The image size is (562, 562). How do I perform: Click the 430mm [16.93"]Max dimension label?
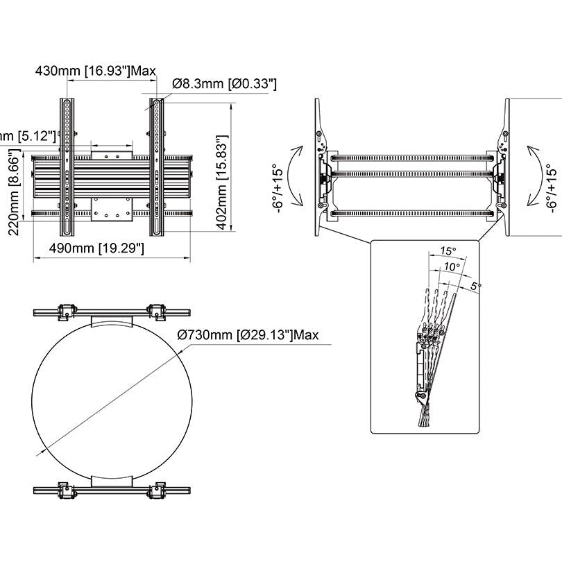[x=96, y=70]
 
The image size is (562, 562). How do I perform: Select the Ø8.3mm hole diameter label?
[x=224, y=84]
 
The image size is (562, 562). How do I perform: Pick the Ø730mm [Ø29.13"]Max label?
[x=248, y=335]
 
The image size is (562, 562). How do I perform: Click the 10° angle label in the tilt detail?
[x=452, y=266]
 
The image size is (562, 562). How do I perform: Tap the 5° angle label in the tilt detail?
[x=476, y=285]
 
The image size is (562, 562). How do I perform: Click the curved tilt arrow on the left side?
[x=296, y=175]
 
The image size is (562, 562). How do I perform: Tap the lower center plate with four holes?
[x=111, y=207]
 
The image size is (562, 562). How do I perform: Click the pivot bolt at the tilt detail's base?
[x=420, y=396]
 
